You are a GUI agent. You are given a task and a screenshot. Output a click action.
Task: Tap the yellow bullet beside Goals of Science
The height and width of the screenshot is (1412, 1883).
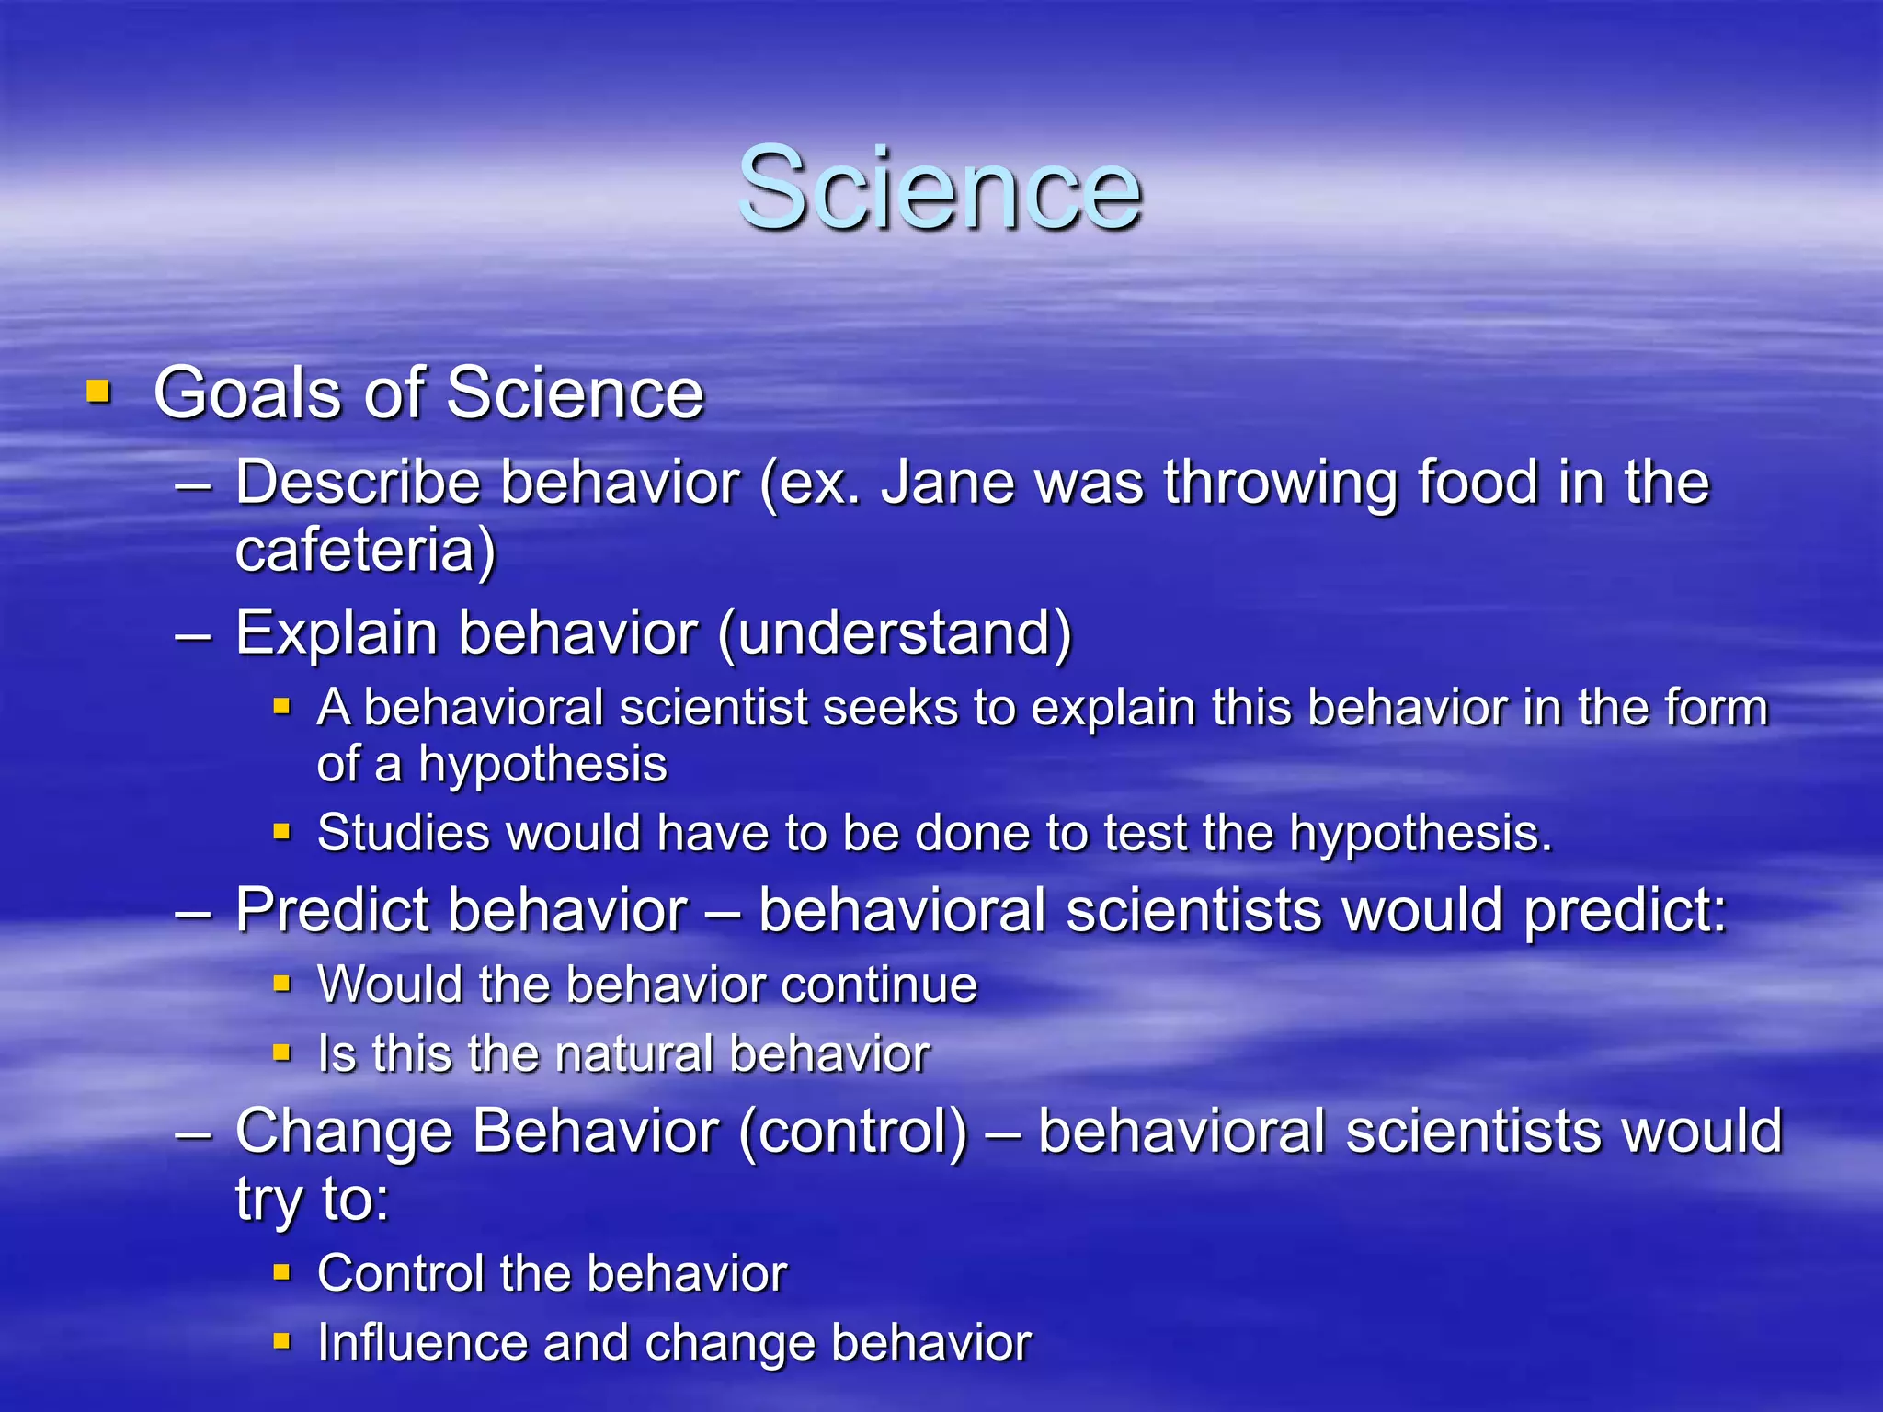tap(98, 393)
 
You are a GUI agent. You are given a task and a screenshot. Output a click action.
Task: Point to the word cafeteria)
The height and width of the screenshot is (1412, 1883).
tap(365, 551)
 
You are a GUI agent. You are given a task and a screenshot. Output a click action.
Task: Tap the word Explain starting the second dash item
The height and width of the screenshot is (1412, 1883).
tap(336, 633)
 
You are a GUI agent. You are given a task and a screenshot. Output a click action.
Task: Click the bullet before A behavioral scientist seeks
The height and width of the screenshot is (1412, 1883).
tap(282, 708)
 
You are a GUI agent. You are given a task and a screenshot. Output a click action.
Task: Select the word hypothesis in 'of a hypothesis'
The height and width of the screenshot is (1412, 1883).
tap(542, 765)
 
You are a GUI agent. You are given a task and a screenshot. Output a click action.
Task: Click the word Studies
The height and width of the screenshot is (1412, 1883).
tap(401, 834)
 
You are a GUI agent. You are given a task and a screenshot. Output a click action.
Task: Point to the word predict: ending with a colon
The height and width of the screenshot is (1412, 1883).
tap(1626, 911)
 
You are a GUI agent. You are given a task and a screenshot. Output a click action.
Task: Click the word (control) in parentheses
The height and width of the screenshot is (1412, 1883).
tap(852, 1132)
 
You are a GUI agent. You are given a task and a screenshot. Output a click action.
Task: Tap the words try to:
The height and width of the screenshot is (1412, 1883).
tap(313, 1200)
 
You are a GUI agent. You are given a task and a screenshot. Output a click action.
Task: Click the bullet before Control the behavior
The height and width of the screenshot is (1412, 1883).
tap(282, 1273)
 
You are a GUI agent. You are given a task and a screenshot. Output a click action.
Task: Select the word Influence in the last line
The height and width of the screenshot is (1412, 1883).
tap(421, 1343)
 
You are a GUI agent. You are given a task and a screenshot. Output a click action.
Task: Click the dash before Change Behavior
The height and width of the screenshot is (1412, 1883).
tap(194, 1133)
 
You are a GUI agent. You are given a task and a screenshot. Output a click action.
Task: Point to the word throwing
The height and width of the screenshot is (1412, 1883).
tap(1281, 483)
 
